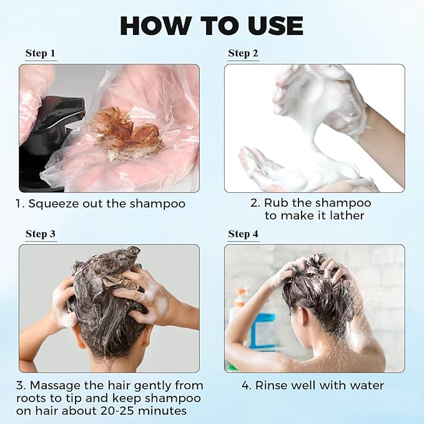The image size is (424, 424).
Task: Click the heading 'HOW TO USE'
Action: pyautogui.click(x=212, y=26)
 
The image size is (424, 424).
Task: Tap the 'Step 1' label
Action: pyautogui.click(x=41, y=53)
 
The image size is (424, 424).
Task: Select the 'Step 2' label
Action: pyautogui.click(x=243, y=53)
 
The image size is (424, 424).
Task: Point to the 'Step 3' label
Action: pyautogui.click(x=41, y=234)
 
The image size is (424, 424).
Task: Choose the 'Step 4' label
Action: pyautogui.click(x=243, y=234)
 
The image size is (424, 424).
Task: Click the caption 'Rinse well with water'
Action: pyautogui.click(x=313, y=385)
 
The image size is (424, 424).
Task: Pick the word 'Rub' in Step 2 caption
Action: pyautogui.click(x=275, y=203)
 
